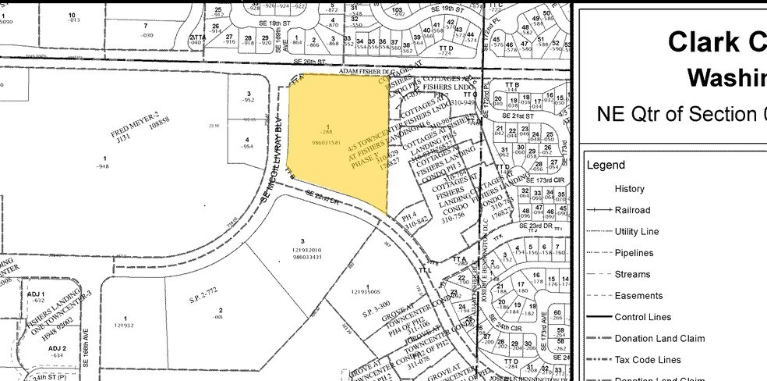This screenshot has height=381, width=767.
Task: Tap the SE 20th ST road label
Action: (308, 60)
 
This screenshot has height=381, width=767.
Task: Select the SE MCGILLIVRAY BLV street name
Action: (274, 157)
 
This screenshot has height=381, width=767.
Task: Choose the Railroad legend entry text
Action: (632, 210)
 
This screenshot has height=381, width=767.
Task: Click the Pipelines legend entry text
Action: (634, 253)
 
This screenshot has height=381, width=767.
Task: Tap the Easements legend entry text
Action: (638, 296)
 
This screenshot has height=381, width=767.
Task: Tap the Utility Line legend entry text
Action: (636, 231)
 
